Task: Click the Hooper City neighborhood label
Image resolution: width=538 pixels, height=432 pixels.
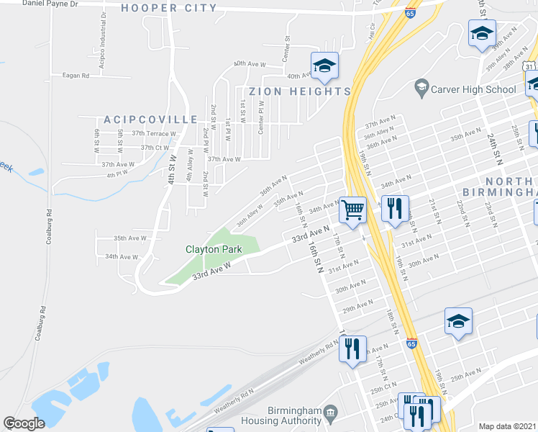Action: (169, 8)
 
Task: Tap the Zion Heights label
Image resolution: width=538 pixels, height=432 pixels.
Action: (300, 91)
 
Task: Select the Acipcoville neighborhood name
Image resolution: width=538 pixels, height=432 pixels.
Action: (150, 119)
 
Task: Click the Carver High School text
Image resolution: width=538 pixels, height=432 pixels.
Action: (473, 89)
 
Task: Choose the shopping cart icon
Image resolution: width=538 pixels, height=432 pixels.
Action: (352, 210)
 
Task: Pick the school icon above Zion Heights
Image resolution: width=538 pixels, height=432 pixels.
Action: (324, 66)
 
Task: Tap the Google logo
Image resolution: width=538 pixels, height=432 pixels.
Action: (23, 423)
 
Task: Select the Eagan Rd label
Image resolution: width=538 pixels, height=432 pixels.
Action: (75, 75)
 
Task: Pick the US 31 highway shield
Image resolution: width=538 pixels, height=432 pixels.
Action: (529, 66)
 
